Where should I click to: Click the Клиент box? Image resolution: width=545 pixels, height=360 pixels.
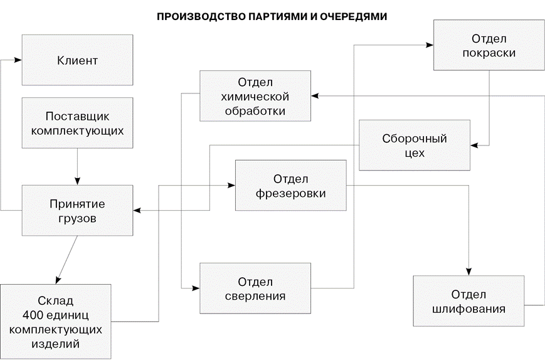click(x=77, y=60)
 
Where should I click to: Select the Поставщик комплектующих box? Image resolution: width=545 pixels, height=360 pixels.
click(x=77, y=123)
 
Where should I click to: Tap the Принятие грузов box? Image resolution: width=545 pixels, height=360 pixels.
click(x=77, y=211)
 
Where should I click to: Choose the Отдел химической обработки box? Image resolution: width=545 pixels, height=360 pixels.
click(x=255, y=96)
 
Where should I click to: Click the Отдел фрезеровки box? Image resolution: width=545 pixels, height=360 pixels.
click(x=290, y=186)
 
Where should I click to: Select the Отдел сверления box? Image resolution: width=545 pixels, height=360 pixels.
click(x=255, y=288)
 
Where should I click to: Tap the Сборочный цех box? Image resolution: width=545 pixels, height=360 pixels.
click(x=415, y=145)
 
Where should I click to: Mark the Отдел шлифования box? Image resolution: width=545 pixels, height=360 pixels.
click(x=469, y=301)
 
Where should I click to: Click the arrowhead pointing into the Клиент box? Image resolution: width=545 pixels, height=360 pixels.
click(x=19, y=60)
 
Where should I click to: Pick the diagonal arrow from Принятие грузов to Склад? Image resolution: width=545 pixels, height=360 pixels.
click(x=66, y=260)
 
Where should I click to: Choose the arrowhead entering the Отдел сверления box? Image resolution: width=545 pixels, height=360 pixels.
click(x=196, y=288)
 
